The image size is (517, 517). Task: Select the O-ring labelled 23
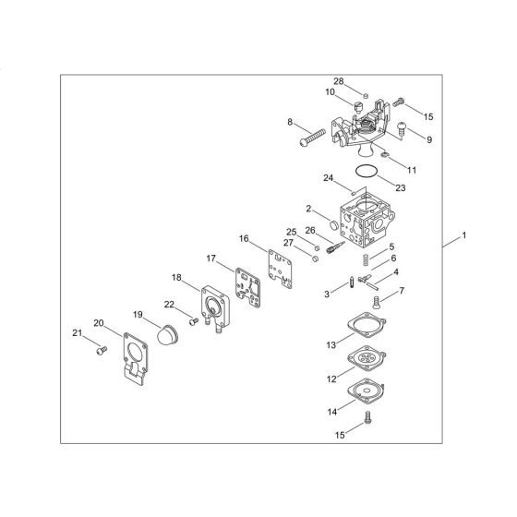click(367, 172)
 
